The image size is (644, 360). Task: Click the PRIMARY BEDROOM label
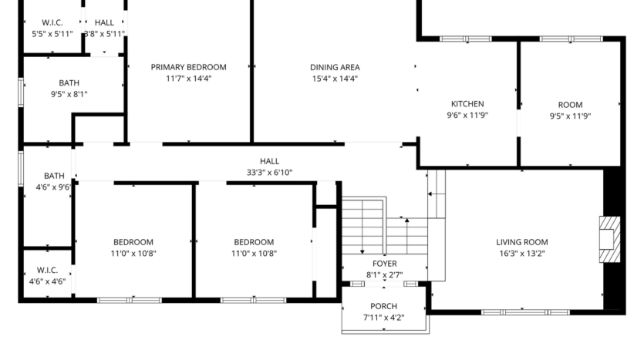click(x=188, y=67)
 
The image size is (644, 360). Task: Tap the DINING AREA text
click(x=335, y=67)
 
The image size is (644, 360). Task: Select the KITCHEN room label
click(x=467, y=104)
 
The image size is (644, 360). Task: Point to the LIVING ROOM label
click(x=521, y=242)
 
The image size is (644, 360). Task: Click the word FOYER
click(x=384, y=264)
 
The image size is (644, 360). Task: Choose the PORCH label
click(x=383, y=306)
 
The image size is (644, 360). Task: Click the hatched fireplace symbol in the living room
click(x=609, y=233)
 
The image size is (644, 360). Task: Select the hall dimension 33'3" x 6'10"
click(x=269, y=173)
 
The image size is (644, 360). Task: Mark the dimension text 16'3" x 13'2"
click(x=521, y=254)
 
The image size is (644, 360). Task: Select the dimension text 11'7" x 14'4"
click(x=188, y=79)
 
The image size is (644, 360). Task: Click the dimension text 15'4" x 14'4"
click(x=335, y=79)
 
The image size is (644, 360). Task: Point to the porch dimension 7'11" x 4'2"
click(x=383, y=318)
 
